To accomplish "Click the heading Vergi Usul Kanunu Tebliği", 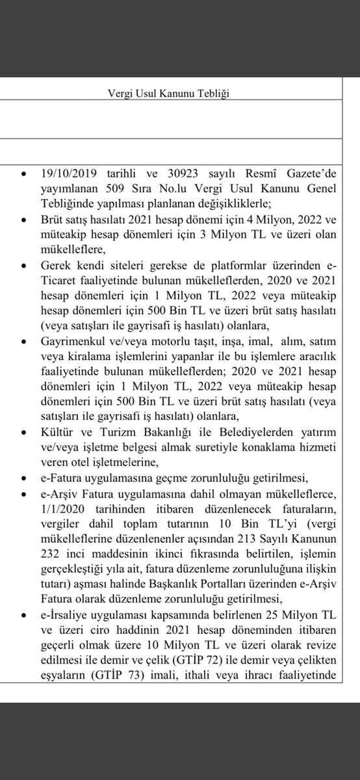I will click(168, 93).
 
